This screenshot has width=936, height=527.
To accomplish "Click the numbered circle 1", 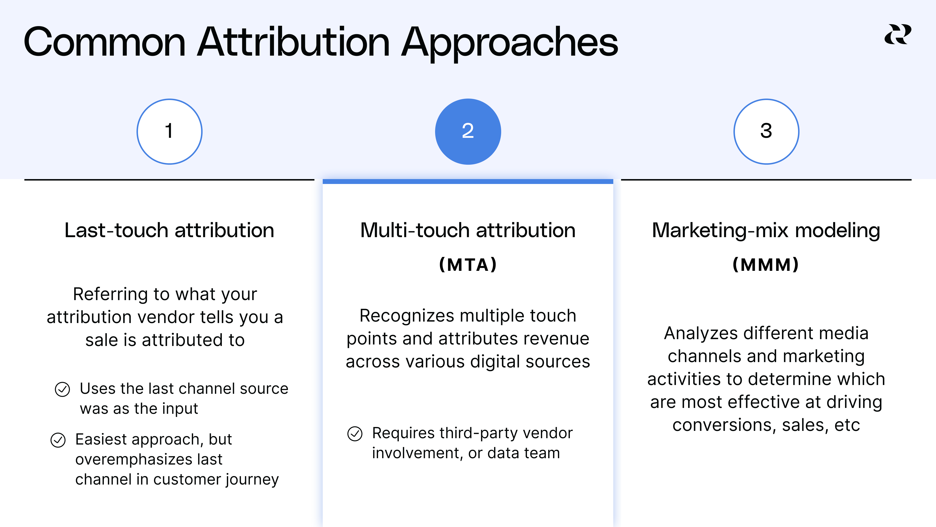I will click(169, 131).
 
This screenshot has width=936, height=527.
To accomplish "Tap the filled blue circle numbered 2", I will click(468, 131).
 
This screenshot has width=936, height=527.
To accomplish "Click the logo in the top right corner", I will click(897, 35).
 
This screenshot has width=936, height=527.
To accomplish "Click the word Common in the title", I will click(105, 42).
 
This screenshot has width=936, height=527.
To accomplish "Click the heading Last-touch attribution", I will click(169, 230).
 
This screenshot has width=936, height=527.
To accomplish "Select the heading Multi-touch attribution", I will click(468, 230).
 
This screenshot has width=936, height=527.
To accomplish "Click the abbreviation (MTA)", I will click(468, 264).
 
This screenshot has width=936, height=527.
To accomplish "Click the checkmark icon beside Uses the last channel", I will click(62, 389).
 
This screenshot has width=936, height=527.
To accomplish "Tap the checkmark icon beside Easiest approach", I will click(58, 440).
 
